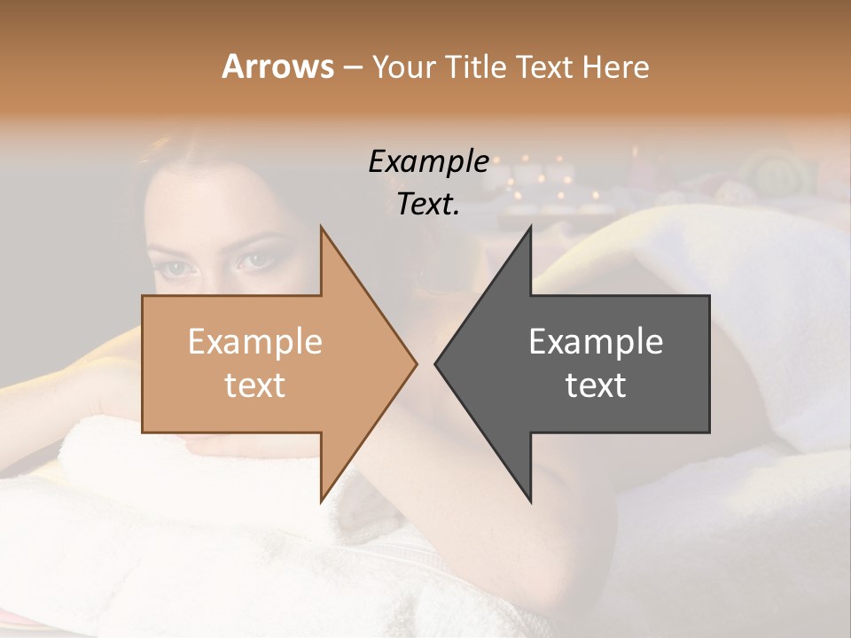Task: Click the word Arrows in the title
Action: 277,66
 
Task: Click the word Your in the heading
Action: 403,66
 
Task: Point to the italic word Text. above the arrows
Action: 428,205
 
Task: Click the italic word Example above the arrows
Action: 428,162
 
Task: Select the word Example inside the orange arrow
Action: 254,341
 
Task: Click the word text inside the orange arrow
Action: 254,385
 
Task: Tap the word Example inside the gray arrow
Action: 596,341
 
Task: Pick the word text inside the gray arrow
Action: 596,385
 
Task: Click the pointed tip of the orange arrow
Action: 415,363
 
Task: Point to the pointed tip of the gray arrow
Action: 437,363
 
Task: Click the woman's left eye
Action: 258,261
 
